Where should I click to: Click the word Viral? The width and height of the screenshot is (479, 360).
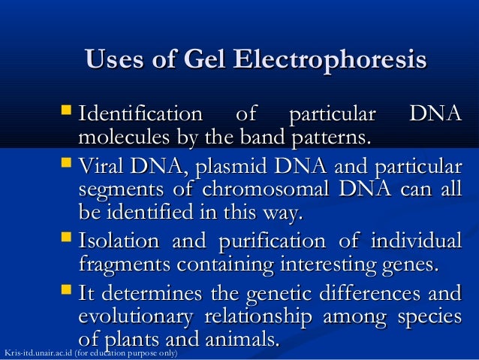coord(100,166)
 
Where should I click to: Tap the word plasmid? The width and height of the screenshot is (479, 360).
coord(229,166)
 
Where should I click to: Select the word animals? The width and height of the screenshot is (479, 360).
coord(241,339)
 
